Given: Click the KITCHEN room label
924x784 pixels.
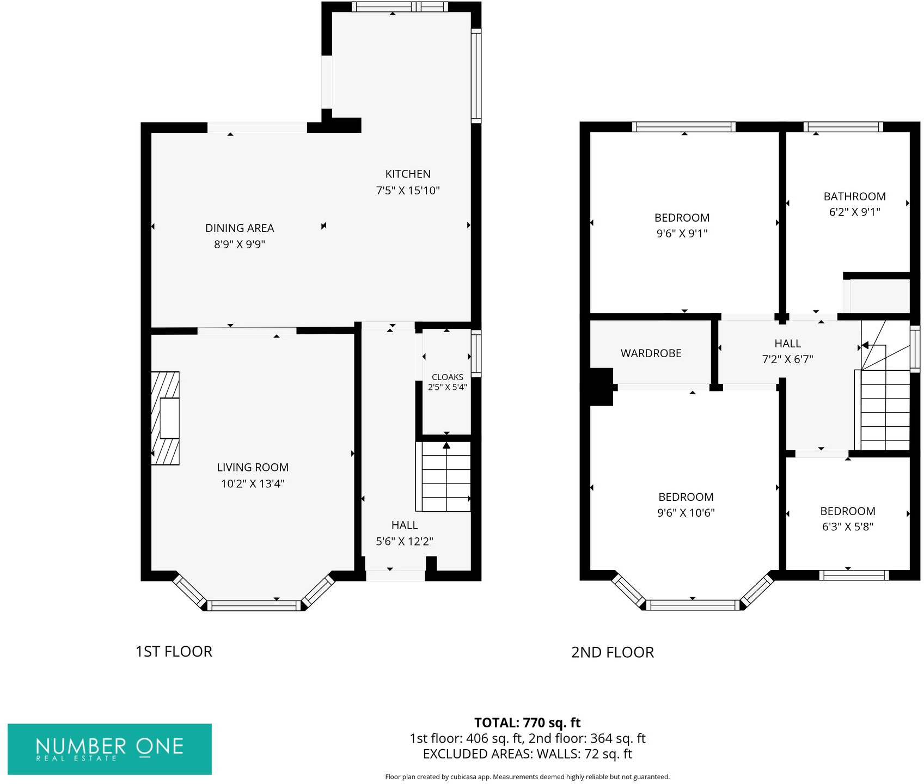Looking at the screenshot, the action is (408, 174).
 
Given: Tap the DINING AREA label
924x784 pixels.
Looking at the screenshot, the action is (240, 228).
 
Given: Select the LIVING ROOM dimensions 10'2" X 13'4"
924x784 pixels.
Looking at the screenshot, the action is (253, 483).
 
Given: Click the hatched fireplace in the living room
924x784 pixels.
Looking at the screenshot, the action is (165, 418).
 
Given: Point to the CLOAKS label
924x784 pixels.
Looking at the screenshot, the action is (448, 377).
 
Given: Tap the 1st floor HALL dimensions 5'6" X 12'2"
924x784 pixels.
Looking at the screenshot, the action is (405, 541).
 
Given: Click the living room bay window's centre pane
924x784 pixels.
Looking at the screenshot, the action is (254, 605).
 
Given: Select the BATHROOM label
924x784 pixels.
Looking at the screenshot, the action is (854, 197).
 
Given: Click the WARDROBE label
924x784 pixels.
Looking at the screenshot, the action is (651, 353).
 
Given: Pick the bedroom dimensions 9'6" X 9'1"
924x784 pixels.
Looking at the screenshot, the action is (682, 234).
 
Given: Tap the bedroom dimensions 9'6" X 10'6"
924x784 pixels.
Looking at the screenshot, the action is (686, 513).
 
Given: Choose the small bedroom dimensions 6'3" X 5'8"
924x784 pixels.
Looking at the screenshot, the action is (848, 526).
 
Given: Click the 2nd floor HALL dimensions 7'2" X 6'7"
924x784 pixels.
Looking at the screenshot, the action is (788, 359).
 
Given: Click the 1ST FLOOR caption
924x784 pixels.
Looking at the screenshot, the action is (174, 652).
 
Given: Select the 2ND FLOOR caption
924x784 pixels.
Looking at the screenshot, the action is (613, 652).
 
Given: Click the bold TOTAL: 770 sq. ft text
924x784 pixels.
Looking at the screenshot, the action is (528, 722).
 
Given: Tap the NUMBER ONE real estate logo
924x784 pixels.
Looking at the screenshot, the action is (109, 749).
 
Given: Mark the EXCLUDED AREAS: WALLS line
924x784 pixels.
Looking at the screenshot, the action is (528, 754).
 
